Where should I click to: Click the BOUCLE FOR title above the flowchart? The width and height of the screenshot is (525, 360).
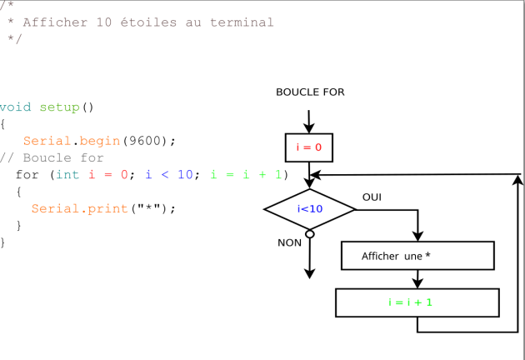pos(310,92)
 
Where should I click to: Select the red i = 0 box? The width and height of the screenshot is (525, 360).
pos(309,147)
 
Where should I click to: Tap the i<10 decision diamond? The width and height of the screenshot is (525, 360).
pos(310,209)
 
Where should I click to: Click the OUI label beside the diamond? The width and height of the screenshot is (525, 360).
pos(372,197)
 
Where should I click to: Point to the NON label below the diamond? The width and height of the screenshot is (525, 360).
pos(290,242)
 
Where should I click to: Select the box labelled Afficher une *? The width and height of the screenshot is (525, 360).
pos(417,256)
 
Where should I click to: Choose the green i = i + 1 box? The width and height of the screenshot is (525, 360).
pos(417,302)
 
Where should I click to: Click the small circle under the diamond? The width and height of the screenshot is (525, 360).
pos(310,234)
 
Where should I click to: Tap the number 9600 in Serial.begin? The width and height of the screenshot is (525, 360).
pos(146,141)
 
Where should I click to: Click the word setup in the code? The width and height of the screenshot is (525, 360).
pos(60,107)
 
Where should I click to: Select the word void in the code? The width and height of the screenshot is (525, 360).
pos(15,107)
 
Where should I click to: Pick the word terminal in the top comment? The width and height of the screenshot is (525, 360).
pos(242,22)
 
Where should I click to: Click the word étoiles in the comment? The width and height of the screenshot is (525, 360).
pos(148,22)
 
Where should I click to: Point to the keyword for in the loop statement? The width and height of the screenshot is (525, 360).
pos(27,175)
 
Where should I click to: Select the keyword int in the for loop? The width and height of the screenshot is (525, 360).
pos(67,175)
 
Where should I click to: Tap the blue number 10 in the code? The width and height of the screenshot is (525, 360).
pos(185,175)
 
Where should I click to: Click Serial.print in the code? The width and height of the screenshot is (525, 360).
pos(80,208)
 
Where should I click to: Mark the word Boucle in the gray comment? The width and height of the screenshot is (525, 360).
pos(47,157)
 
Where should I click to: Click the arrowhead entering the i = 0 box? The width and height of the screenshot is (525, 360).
pos(308,128)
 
